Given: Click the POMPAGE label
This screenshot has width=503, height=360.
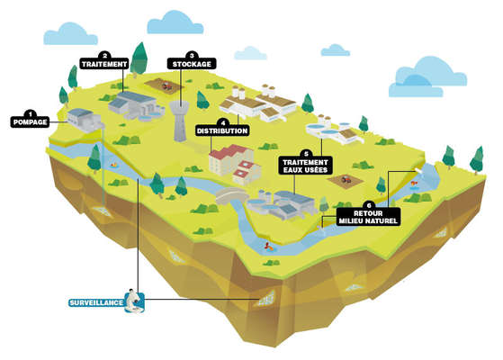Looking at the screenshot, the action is click(30, 121).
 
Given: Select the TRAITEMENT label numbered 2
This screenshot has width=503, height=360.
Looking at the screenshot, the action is click(104, 64).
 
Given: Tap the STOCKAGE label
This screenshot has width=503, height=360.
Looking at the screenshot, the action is click(192, 64).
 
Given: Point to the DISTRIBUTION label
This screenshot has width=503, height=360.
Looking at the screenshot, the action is click(222, 130).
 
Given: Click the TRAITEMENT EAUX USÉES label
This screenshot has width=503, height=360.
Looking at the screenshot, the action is click(305, 166).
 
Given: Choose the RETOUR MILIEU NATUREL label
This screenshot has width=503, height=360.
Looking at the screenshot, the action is click(368, 217).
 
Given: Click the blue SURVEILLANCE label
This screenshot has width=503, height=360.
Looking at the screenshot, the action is click(96, 302).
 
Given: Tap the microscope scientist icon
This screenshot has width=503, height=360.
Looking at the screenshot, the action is click(135, 301).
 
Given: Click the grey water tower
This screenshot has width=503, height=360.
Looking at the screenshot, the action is click(179, 121).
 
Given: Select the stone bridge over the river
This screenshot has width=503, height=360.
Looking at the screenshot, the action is click(232, 195).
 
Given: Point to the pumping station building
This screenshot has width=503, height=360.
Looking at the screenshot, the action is click(83, 121).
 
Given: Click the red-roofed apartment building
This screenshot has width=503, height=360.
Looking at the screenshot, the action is click(235, 165).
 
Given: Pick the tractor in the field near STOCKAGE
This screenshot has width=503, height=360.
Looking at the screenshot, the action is click(166, 85).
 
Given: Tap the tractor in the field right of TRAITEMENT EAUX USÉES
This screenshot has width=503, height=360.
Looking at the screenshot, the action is click(346, 179).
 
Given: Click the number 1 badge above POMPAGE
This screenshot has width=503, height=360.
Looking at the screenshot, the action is click(31, 113).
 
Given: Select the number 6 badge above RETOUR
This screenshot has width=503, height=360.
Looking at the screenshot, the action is click(369, 205).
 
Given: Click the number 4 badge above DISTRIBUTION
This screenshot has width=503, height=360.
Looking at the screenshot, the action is click(223, 122).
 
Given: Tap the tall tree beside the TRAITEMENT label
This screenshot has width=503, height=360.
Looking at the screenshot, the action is click(139, 60).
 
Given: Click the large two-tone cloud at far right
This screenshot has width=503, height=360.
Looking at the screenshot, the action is click(427, 77).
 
